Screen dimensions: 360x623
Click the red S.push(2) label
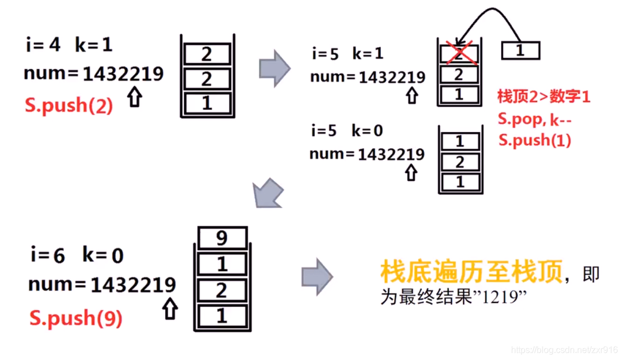point(69,105)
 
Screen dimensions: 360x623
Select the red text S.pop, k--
point(534,118)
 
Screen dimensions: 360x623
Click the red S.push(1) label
point(534,139)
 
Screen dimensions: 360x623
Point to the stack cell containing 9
point(222,239)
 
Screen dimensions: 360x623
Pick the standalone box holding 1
point(520,51)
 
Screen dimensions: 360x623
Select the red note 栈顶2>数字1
point(544,97)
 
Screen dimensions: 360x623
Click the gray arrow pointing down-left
point(268,194)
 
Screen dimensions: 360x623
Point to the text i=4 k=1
point(69,45)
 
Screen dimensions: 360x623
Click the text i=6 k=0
point(76,255)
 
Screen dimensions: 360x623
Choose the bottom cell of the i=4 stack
point(207,103)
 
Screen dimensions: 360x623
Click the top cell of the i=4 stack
point(207,54)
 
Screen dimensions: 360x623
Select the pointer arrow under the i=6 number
point(170,309)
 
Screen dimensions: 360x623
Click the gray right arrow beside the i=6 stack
point(316,276)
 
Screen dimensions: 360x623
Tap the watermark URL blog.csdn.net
point(563,350)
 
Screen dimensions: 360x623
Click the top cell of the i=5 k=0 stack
point(459,141)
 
